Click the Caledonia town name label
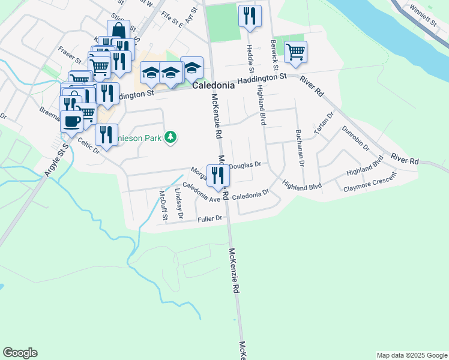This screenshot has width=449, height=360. point(213,86)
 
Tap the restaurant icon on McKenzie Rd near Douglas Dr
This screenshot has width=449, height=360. point(218,175)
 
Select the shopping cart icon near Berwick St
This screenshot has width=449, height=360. point(295,52)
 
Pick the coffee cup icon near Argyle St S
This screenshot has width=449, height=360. point(71,121)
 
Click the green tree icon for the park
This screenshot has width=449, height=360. point(171,137)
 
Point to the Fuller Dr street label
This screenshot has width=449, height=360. point(210,220)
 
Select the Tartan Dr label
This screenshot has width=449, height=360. point(322,124)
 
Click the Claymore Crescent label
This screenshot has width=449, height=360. point(370,183)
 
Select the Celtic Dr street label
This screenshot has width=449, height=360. point(89,146)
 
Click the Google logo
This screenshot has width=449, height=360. point(20,352)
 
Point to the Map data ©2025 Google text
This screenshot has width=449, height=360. point(411,355)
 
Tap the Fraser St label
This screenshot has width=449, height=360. point(69,55)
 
